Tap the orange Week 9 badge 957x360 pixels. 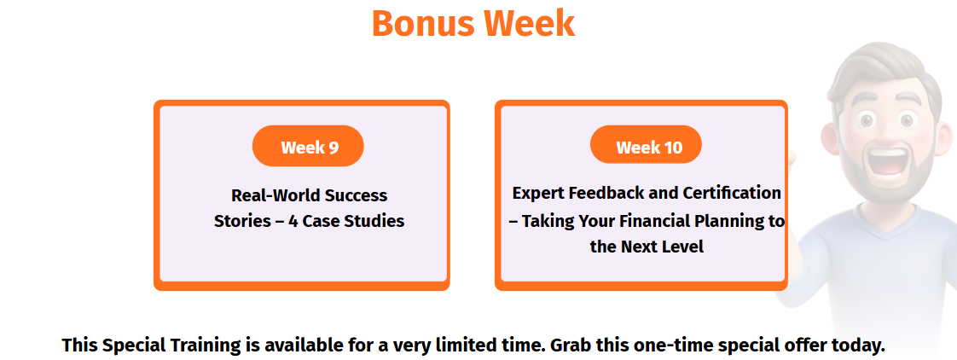[308, 147]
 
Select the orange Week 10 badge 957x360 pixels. [647, 145]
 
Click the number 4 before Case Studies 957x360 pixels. [293, 221]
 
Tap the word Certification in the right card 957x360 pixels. [732, 194]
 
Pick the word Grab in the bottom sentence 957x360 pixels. [571, 345]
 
